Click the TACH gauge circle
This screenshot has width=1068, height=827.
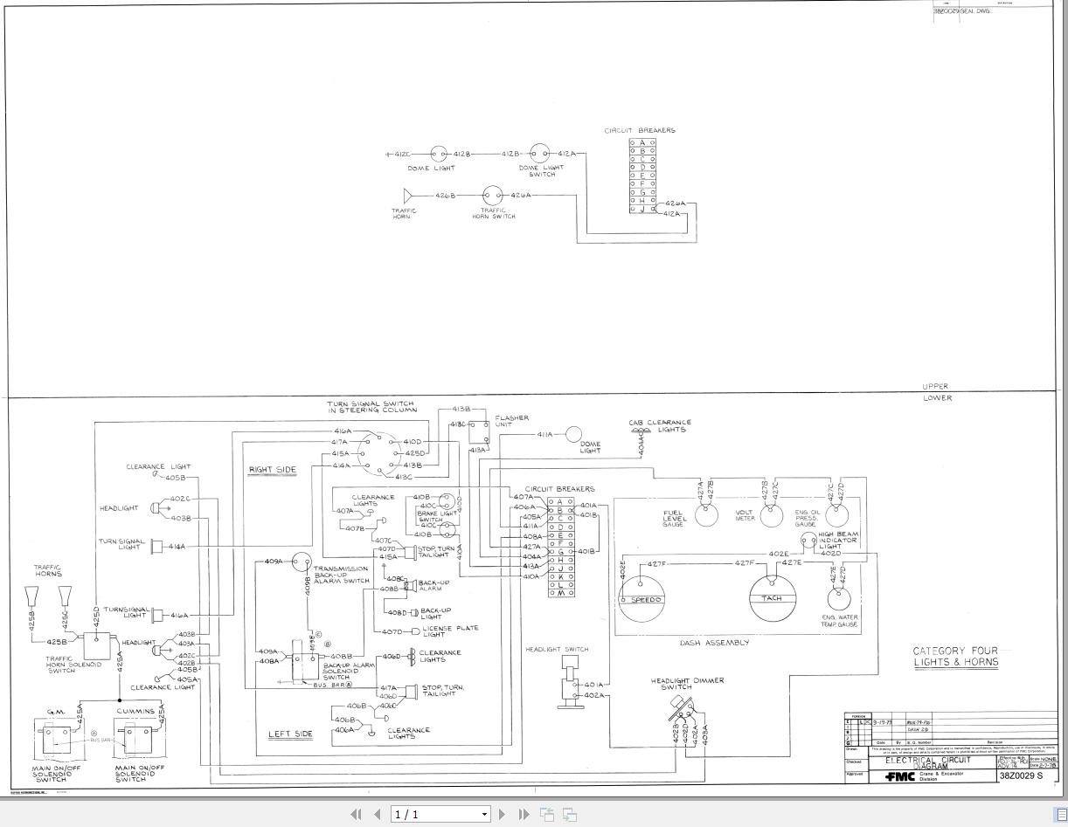(x=773, y=598)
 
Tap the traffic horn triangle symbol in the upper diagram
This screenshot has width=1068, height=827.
(x=407, y=196)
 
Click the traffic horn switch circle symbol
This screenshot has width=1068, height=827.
(x=493, y=196)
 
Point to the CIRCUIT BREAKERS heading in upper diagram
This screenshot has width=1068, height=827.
(x=640, y=131)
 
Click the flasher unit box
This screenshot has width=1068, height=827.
(x=479, y=431)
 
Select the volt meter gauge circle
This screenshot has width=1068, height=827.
(x=770, y=515)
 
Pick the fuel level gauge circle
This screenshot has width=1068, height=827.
(x=706, y=515)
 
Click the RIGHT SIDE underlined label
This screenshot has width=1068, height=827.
(x=273, y=470)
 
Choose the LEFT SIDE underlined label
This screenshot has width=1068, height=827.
(x=290, y=734)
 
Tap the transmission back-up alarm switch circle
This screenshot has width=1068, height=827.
(x=302, y=562)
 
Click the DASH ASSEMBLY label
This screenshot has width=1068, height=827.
(x=714, y=643)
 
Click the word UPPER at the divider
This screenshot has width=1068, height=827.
(x=934, y=386)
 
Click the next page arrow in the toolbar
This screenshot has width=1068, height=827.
(x=502, y=814)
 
